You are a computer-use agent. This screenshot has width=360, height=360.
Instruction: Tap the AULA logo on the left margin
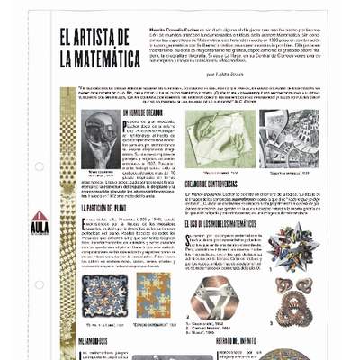pos(40,222)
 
